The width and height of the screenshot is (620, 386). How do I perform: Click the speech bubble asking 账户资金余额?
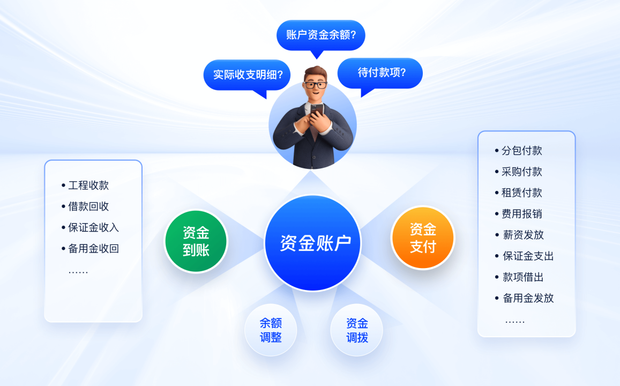pyautogui.click(x=320, y=35)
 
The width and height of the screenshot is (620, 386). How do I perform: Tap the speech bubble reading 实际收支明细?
pyautogui.click(x=247, y=75)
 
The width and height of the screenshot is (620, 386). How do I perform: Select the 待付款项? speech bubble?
pyautogui.click(x=380, y=73)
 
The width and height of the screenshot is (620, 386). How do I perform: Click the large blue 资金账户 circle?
pyautogui.click(x=312, y=243)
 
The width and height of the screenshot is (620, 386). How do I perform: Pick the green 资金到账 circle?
pyautogui.click(x=196, y=241)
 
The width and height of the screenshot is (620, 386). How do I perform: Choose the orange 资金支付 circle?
pyautogui.click(x=423, y=237)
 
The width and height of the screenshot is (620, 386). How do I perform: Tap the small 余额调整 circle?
pyautogui.click(x=271, y=330)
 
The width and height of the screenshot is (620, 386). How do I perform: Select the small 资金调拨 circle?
pyautogui.click(x=357, y=330)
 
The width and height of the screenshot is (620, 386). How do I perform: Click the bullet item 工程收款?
pyautogui.click(x=85, y=185)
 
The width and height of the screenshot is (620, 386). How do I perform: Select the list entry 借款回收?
pyautogui.click(x=85, y=206)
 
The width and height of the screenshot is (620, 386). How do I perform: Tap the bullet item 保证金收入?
pyautogui.click(x=90, y=227)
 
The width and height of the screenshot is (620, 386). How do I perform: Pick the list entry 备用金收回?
pyautogui.click(x=90, y=248)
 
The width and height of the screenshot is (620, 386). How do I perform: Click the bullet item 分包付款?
pyautogui.click(x=518, y=150)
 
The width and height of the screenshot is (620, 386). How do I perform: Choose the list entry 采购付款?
pyautogui.click(x=518, y=172)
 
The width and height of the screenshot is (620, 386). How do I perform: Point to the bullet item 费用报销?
pyautogui.click(x=518, y=213)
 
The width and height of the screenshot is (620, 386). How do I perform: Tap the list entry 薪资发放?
pyautogui.click(x=520, y=235)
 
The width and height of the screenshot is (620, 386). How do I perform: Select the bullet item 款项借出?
pyautogui.click(x=520, y=277)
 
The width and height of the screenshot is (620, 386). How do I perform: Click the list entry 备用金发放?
pyautogui.click(x=524, y=298)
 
